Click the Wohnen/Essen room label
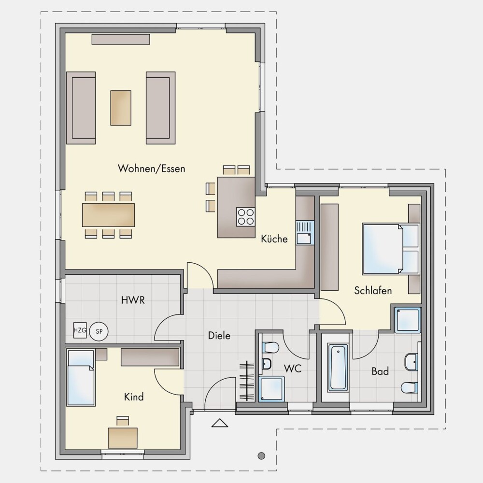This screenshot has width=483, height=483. pyautogui.click(x=152, y=169)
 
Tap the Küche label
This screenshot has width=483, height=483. pyautogui.click(x=274, y=239)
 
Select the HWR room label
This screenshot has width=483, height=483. pyautogui.click(x=133, y=300)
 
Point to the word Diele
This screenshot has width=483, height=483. pyautogui.click(x=219, y=336)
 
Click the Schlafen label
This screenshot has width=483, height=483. pyautogui.click(x=373, y=290)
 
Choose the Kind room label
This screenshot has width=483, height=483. pyautogui.click(x=134, y=397)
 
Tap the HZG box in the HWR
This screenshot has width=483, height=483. pyautogui.click(x=80, y=330)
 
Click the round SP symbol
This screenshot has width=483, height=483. pyautogui.click(x=99, y=331)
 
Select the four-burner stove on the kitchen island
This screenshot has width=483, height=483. pyautogui.click(x=245, y=217)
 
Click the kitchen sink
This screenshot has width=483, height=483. pyautogui.click(x=305, y=233)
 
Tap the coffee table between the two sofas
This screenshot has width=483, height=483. pyautogui.click(x=121, y=108)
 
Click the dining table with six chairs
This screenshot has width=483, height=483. pyautogui.click(x=108, y=215)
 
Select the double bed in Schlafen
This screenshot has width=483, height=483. pyautogui.click(x=391, y=249)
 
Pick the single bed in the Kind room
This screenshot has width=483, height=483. pyautogui.click(x=81, y=378)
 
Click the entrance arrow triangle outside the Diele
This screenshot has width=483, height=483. pyautogui.click(x=220, y=423)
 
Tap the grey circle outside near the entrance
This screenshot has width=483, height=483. pyautogui.click(x=261, y=455)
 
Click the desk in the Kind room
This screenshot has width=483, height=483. pyautogui.click(x=123, y=438)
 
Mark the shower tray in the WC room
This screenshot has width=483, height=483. pyautogui.click(x=271, y=389)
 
